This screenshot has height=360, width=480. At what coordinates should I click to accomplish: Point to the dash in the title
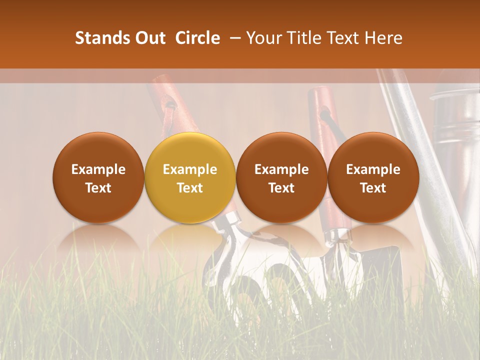tap(233, 38)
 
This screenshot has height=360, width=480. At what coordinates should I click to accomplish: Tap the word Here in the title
tap(384, 38)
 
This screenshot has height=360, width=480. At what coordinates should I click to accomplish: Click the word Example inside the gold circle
tap(190, 169)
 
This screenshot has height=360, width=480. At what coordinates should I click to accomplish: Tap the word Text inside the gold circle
tap(190, 188)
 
